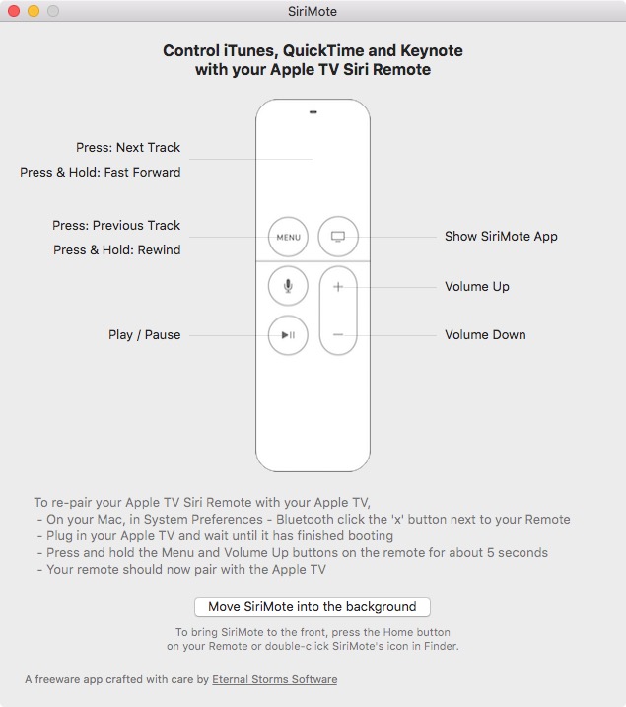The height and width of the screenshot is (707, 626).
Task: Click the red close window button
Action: pyautogui.click(x=14, y=11)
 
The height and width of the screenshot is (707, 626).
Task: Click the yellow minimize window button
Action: pyautogui.click(x=34, y=11)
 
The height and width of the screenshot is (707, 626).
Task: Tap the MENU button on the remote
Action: pyautogui.click(x=288, y=237)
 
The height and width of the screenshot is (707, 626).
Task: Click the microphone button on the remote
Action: pyautogui.click(x=288, y=286)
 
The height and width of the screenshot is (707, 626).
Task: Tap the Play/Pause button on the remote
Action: pyautogui.click(x=288, y=335)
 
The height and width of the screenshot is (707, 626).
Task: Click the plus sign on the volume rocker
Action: pyautogui.click(x=338, y=287)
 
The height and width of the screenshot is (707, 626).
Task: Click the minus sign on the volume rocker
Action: pyautogui.click(x=338, y=334)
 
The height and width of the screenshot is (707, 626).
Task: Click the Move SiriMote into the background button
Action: pyautogui.click(x=313, y=606)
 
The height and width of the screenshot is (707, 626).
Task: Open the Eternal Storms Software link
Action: pyautogui.click(x=274, y=679)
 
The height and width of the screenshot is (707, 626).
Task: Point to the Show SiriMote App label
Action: pyautogui.click(x=501, y=237)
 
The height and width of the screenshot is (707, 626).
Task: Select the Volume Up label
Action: pyautogui.click(x=477, y=286)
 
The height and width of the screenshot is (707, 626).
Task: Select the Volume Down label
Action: pyautogui.click(x=485, y=334)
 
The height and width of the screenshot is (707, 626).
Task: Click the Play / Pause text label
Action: pyautogui.click(x=144, y=334)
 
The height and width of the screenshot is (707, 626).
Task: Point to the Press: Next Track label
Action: pyautogui.click(x=128, y=148)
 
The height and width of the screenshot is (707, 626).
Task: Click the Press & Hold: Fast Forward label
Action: pyautogui.click(x=100, y=172)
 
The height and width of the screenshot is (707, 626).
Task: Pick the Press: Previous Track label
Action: pyautogui.click(x=116, y=225)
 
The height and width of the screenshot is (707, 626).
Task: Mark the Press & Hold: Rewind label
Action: pyautogui.click(x=116, y=249)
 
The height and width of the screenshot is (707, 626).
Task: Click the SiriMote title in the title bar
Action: pyautogui.click(x=313, y=11)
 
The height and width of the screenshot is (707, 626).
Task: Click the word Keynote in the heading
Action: pyautogui.click(x=432, y=50)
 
